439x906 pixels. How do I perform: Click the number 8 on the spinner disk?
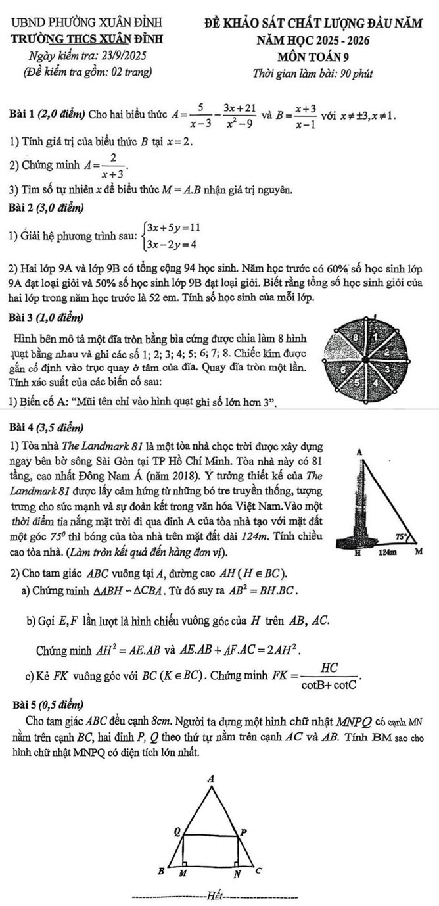[x=358, y=338]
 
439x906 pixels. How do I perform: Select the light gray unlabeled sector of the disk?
[x=342, y=348]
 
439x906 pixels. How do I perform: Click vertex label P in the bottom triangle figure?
[x=244, y=832]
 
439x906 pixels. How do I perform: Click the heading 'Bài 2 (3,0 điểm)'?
[x=47, y=209]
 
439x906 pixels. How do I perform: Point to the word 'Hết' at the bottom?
[x=215, y=894]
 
